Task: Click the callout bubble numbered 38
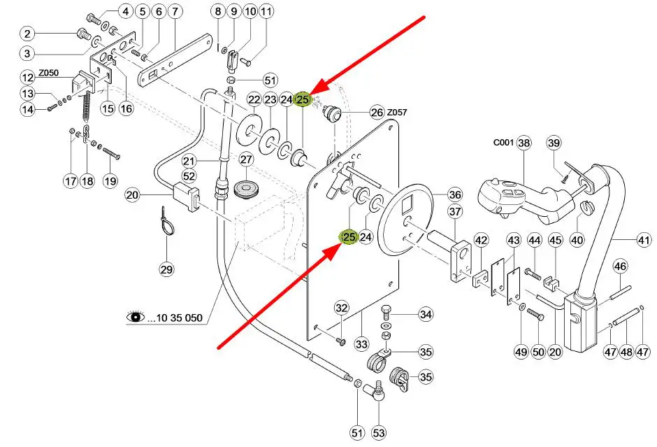(x=524, y=143)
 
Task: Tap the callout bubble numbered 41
(x=644, y=241)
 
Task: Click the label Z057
(x=397, y=112)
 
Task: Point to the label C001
(x=503, y=143)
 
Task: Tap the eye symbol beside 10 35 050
(x=135, y=318)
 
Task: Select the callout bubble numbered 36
(x=455, y=194)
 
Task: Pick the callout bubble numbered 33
(x=361, y=344)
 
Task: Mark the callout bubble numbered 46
(x=621, y=266)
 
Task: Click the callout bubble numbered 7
(x=174, y=11)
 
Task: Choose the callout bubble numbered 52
(x=189, y=176)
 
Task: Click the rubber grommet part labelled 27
(x=247, y=189)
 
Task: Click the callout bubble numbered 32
(x=341, y=308)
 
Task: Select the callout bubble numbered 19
(x=110, y=181)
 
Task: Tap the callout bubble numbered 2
(x=27, y=34)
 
